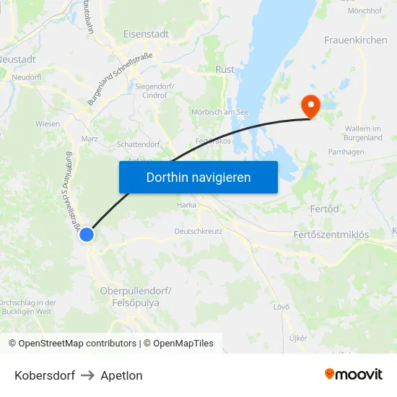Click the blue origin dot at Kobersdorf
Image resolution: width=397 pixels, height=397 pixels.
pos(87,235)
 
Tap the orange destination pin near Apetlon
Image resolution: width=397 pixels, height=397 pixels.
pos(311,107)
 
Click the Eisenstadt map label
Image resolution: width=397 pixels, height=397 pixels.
pos(146,34)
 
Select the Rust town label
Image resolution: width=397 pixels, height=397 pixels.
pos(225,70)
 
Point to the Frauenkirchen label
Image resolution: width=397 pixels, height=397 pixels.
pos(356,40)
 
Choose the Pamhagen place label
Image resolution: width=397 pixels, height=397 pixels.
pos(345,152)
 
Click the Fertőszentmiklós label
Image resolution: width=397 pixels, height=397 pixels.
pos(331,235)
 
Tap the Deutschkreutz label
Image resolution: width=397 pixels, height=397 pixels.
pos(198,232)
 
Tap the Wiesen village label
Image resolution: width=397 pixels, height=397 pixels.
pos(48,123)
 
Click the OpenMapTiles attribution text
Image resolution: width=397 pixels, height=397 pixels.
pos(182,344)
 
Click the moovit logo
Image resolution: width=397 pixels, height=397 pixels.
pos(354,375)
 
